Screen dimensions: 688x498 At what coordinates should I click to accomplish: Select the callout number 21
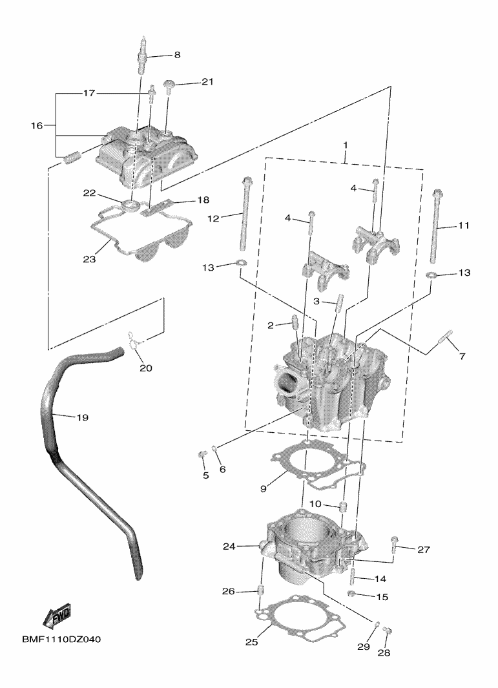click(x=207, y=82)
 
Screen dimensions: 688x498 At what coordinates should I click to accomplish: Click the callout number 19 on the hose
click(x=81, y=418)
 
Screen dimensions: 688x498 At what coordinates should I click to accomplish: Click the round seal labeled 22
click(x=130, y=206)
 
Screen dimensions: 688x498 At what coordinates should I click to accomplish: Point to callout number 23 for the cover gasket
click(x=90, y=259)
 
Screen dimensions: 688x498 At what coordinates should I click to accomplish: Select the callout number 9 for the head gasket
click(x=264, y=490)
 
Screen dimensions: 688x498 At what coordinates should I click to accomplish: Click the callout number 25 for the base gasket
click(x=251, y=641)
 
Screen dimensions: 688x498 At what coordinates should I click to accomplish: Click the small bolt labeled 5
click(x=201, y=457)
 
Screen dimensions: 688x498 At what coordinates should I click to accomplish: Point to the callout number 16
click(x=36, y=125)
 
